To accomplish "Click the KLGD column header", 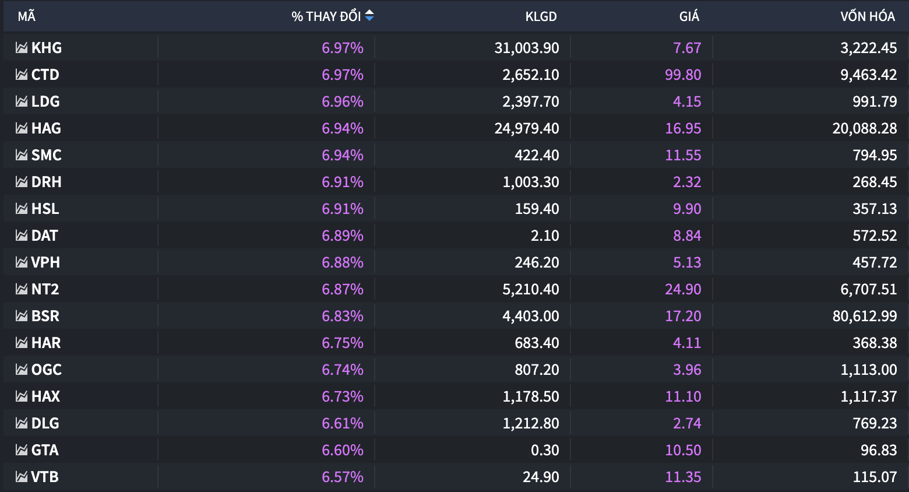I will click(x=541, y=16).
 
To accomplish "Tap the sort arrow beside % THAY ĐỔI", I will click(x=369, y=16).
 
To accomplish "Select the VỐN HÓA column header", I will click(x=867, y=16).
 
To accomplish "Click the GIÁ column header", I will click(x=689, y=16).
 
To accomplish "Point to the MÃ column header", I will click(x=26, y=16).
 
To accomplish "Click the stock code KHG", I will click(x=47, y=48).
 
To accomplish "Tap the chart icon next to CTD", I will click(x=22, y=75).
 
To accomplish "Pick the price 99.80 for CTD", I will click(x=683, y=75).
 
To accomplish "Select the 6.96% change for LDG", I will click(x=343, y=101).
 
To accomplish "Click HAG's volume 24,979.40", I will click(x=527, y=128).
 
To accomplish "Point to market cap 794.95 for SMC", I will click(x=875, y=155).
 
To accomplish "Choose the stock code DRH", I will click(x=47, y=182).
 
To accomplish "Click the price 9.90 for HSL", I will click(x=687, y=209).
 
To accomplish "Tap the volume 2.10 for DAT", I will click(x=545, y=236).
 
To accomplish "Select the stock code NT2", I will click(x=45, y=289).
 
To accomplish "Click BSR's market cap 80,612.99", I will click(x=865, y=316).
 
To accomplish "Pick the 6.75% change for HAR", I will click(x=343, y=343).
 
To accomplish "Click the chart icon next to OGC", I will click(x=22, y=370).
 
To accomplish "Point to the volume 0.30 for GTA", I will click(x=545, y=450).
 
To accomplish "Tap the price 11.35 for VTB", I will click(x=683, y=477).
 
